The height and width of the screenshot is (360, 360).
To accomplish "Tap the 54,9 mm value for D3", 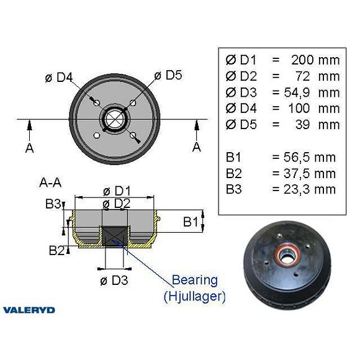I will pyautogui.click(x=315, y=92).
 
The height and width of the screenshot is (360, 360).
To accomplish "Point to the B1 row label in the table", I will pyautogui.click(x=234, y=158).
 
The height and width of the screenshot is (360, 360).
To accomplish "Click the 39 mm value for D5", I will pyautogui.click(x=320, y=125).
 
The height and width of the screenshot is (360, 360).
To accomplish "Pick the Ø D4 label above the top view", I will pyautogui.click(x=60, y=78).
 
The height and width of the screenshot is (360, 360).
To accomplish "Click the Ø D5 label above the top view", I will pyautogui.click(x=168, y=75).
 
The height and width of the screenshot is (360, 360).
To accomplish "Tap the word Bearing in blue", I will pyautogui.click(x=194, y=280).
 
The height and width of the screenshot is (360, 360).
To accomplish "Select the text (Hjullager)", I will pyautogui.click(x=194, y=296).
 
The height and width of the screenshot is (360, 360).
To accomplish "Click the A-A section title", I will pyautogui.click(x=50, y=183).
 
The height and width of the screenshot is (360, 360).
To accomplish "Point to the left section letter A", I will pyautogui.click(x=29, y=148).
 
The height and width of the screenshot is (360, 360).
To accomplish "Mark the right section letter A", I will pyautogui.click(x=197, y=147).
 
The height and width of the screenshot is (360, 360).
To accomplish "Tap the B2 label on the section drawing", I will pyautogui.click(x=56, y=250).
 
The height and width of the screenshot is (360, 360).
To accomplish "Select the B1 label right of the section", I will pyautogui.click(x=192, y=221).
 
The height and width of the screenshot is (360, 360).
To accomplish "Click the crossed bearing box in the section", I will pyautogui.click(x=113, y=236).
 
